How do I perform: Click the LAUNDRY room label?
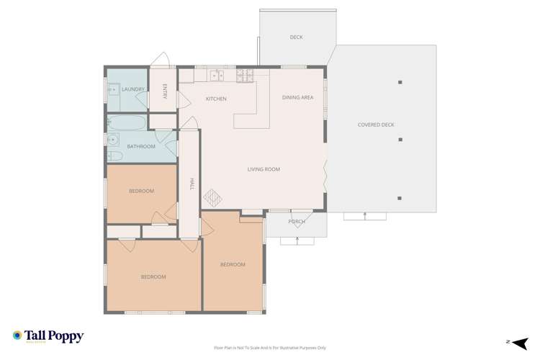click(x=134, y=89)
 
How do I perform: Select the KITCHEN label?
click(x=216, y=99)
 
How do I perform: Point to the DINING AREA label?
click(x=297, y=97)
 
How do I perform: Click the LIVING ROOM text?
click(x=264, y=169)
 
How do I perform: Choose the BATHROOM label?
click(x=141, y=147)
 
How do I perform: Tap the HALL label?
click(x=192, y=184)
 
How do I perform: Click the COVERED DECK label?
click(x=376, y=125)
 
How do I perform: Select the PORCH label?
click(x=297, y=222)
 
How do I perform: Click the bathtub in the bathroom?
click(x=127, y=122)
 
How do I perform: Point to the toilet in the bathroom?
click(x=113, y=155)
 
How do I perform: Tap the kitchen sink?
click(x=216, y=75)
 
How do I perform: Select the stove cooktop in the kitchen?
click(x=245, y=73)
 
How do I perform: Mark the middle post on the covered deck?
click(x=400, y=140)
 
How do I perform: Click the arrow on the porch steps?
click(x=297, y=239)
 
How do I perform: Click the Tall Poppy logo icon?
click(x=17, y=336)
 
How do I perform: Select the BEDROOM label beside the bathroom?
click(x=141, y=191)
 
